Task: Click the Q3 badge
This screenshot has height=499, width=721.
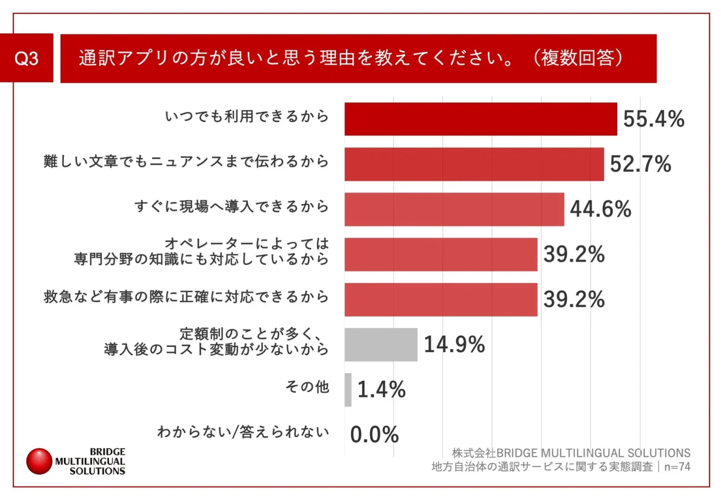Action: pyautogui.click(x=27, y=58)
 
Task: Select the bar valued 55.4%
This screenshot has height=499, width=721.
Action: pyautogui.click(x=481, y=119)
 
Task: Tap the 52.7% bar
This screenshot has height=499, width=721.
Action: pyautogui.click(x=474, y=164)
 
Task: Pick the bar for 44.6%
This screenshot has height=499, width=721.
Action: pyautogui.click(x=454, y=209)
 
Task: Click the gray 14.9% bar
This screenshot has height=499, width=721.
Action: pyautogui.click(x=381, y=345)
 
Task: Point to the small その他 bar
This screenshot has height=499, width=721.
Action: pyautogui.click(x=348, y=390)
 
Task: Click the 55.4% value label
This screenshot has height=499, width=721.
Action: pyautogui.click(x=653, y=119)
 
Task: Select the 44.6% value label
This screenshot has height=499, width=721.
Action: pyautogui.click(x=600, y=209)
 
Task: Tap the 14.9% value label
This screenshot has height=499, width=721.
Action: pyautogui.click(x=454, y=345)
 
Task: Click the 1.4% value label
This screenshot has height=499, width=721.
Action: pyautogui.click(x=381, y=390)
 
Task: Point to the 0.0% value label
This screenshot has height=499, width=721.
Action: pyautogui.click(x=374, y=435)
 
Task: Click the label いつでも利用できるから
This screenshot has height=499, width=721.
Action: pyautogui.click(x=247, y=116)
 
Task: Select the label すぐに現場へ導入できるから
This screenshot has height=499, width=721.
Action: pyautogui.click(x=231, y=207)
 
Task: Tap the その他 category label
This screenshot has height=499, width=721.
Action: pyautogui.click(x=307, y=387)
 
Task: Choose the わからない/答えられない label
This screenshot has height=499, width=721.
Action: pyautogui.click(x=243, y=432)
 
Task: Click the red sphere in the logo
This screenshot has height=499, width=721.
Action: pyautogui.click(x=39, y=461)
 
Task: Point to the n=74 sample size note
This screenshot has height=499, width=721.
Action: pyautogui.click(x=677, y=467)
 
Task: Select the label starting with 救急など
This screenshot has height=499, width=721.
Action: pyautogui.click(x=186, y=297)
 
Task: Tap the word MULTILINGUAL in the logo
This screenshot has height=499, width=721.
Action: pyautogui.click(x=90, y=461)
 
